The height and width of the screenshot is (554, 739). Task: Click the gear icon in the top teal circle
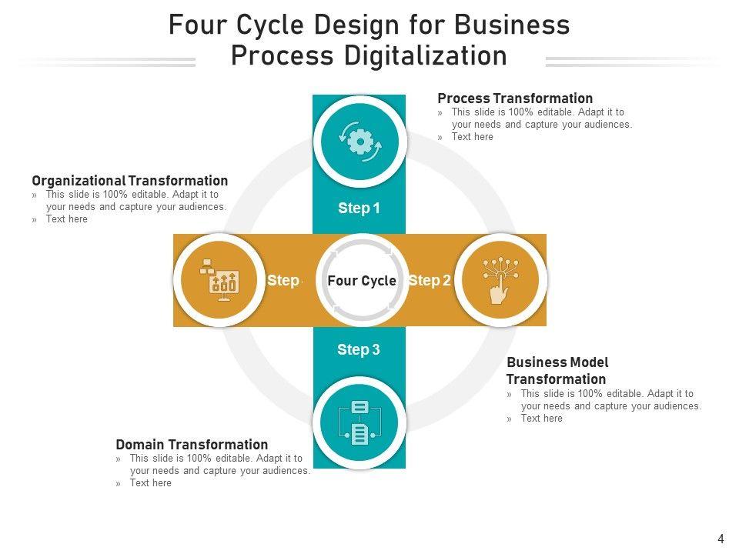coord(360,142)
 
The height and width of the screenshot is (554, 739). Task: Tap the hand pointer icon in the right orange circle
coord(500,280)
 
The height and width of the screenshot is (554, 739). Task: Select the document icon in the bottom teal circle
coord(359,423)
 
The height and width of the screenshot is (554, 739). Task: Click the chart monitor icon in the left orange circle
coord(220,281)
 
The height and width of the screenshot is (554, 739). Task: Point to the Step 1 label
coord(359,209)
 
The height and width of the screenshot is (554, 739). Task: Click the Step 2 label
coord(430,281)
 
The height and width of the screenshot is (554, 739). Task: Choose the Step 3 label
coord(359,350)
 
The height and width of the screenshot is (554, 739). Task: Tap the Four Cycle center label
coord(362,281)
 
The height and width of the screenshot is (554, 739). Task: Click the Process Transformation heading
coord(515,98)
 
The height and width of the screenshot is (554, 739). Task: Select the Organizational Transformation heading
coord(130,181)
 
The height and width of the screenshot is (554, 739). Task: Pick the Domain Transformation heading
coord(192,445)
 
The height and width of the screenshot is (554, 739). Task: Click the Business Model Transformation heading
coord(557,371)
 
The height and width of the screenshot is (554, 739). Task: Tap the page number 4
coord(721,539)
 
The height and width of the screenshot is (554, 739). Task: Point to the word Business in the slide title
coord(511,25)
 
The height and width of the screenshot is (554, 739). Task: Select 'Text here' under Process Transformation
coord(472,137)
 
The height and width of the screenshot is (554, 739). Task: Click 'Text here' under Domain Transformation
coord(150,483)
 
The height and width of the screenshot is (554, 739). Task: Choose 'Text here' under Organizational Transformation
coord(66,219)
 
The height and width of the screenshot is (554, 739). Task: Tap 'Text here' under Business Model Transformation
coord(541,419)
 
